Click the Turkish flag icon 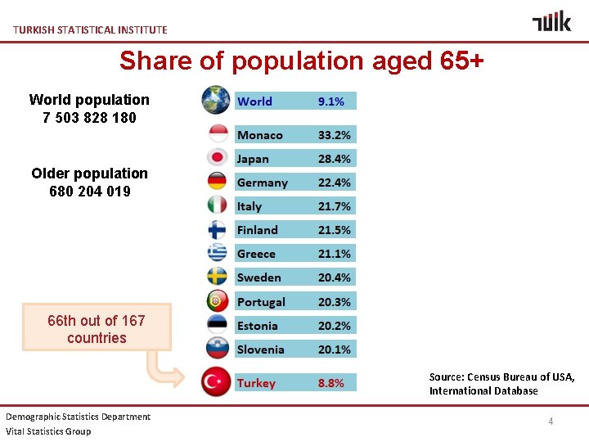click(217, 382)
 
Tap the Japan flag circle click(217, 158)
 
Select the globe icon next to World click(217, 100)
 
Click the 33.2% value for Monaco click(335, 135)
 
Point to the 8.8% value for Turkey click(330, 383)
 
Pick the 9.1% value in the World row click(330, 101)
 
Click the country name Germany click(262, 183)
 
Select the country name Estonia click(258, 326)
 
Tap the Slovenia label click(260, 350)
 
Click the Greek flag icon click(217, 253)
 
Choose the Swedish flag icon click(217, 277)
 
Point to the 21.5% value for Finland click(335, 230)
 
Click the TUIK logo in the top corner click(551, 21)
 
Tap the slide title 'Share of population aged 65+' click(301, 61)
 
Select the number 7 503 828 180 click(89, 118)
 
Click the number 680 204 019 click(89, 192)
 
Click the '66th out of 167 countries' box click(97, 329)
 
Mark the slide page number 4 click(551, 422)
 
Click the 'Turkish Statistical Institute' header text click(90, 29)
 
